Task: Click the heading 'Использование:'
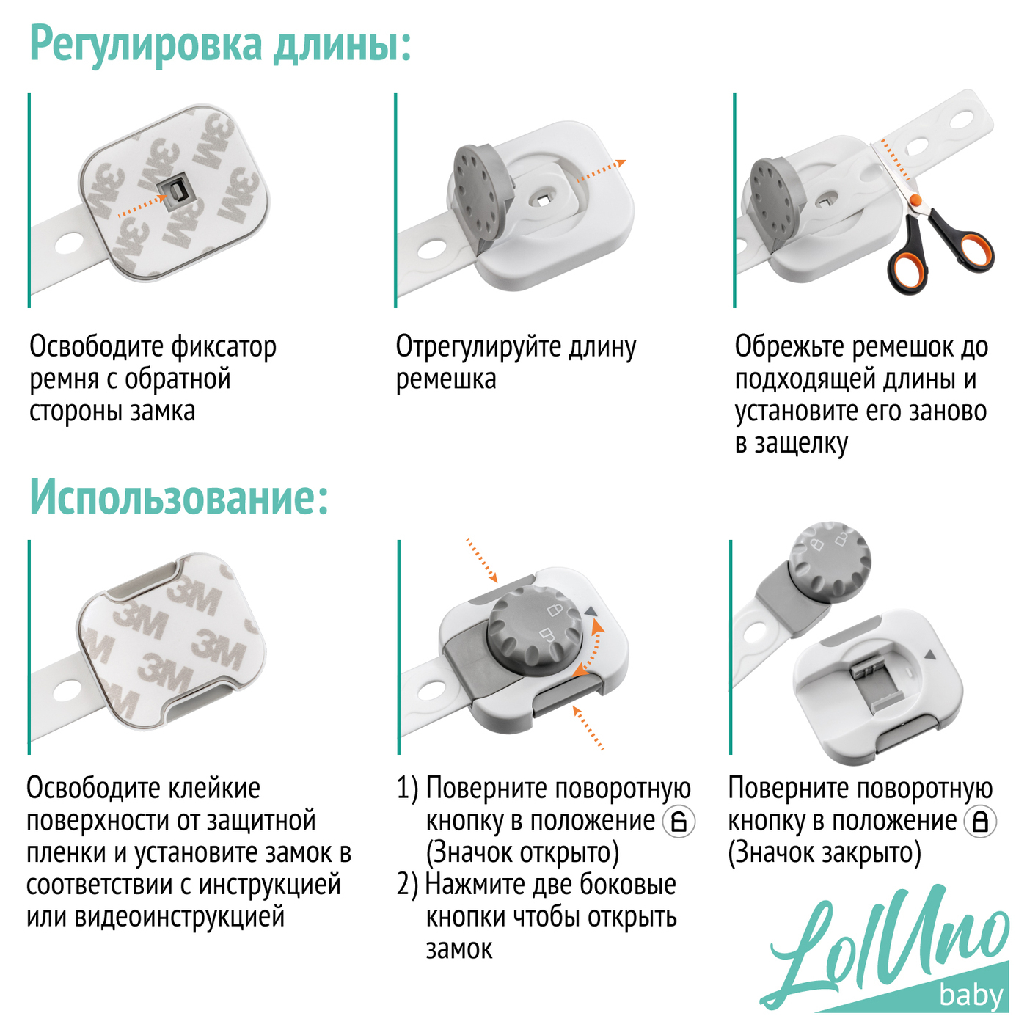click(x=179, y=497)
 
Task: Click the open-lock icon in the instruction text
click(x=679, y=822)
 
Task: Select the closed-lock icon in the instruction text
click(x=980, y=822)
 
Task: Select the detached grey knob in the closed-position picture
click(x=829, y=563)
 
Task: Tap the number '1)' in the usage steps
click(x=408, y=788)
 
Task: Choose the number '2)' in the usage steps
click(x=408, y=885)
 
